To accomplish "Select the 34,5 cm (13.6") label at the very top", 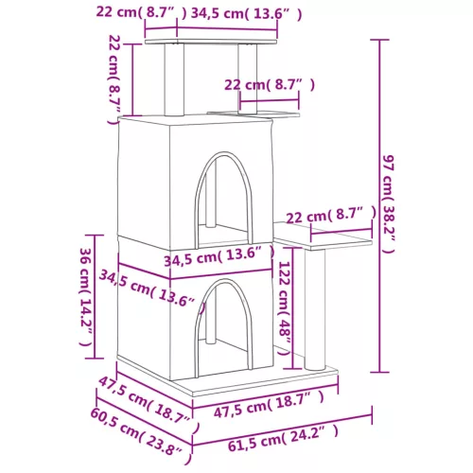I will [233, 13].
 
